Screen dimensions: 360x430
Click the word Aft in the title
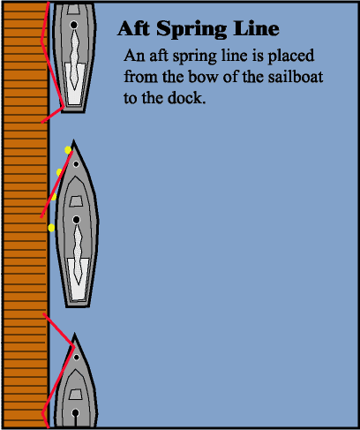pyautogui.click(x=133, y=28)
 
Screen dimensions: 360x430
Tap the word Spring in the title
pyautogui.click(x=191, y=30)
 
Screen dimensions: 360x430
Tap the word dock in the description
pyautogui.click(x=186, y=98)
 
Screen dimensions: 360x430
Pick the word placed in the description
pyautogui.click(x=290, y=56)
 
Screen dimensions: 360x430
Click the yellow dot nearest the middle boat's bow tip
pyautogui.click(x=68, y=150)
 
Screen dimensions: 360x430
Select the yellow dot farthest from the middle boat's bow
pyautogui.click(x=51, y=228)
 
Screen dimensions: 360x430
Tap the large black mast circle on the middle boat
pyautogui.click(x=76, y=220)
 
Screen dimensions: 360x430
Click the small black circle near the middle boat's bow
pyautogui.click(x=76, y=164)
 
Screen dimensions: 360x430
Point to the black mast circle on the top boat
pyautogui.click(x=74, y=25)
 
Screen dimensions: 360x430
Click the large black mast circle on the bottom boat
pyautogui.click(x=76, y=412)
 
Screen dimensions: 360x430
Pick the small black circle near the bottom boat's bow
pyautogui.click(x=76, y=358)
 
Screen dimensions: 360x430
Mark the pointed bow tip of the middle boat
pyautogui.click(x=73, y=140)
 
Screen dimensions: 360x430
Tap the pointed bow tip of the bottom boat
pyautogui.click(x=74, y=334)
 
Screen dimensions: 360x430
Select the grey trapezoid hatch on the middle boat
pyautogui.click(x=76, y=201)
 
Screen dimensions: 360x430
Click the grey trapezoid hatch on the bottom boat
pyautogui.click(x=76, y=395)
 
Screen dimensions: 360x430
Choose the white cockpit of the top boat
pyautogui.click(x=75, y=83)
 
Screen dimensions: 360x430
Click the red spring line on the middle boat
pyautogui.click(x=56, y=185)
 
